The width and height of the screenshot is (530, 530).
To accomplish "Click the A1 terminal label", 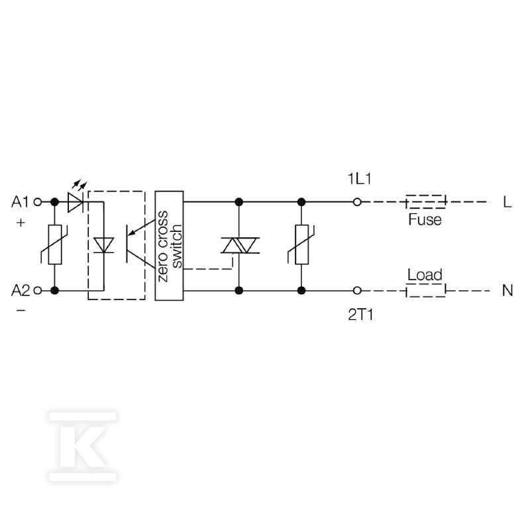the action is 21,202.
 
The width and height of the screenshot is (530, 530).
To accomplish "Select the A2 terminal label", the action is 21,290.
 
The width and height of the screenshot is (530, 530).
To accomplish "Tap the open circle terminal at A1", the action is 38,202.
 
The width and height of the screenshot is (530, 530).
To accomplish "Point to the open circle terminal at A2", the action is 38,290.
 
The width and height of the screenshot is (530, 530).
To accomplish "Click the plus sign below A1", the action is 21,223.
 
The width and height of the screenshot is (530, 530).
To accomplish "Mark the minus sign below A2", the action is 21,310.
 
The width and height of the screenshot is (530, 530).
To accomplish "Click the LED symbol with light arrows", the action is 76,198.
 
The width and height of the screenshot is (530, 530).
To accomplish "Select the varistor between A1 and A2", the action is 55,244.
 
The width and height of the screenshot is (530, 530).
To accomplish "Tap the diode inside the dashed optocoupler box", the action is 103,245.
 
